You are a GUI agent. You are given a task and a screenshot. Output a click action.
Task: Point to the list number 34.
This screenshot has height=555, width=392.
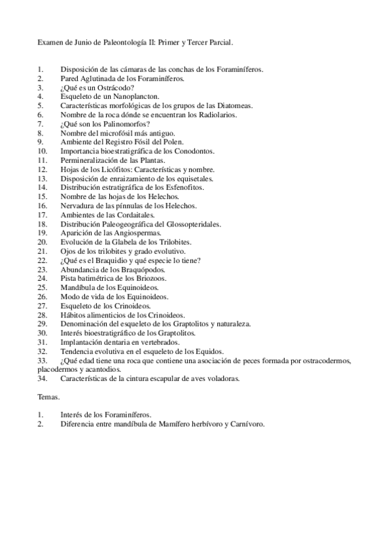click(42, 378)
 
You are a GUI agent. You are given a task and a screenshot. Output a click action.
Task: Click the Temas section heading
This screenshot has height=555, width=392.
click(48, 397)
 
